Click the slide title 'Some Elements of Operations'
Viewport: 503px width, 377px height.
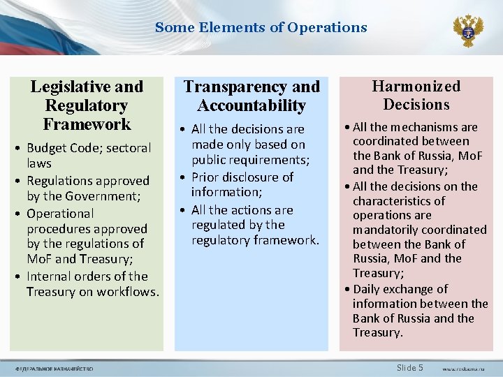click(x=261, y=28)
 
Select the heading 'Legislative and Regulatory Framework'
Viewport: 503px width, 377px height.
click(x=87, y=105)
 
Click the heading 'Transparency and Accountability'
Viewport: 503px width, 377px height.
click(x=251, y=96)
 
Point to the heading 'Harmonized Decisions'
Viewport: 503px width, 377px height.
click(x=416, y=96)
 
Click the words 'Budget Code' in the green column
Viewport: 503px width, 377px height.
click(x=59, y=148)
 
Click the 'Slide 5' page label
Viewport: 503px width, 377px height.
click(x=409, y=367)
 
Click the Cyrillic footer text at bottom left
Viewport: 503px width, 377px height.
click(x=54, y=369)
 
